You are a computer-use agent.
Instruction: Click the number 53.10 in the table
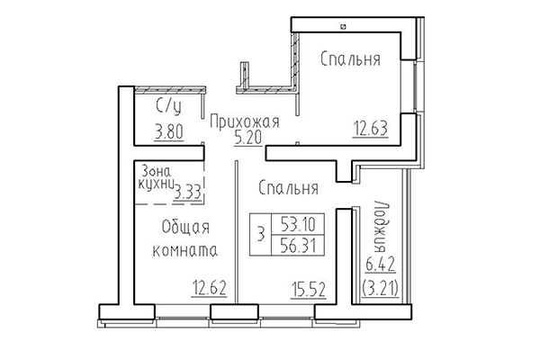point(297,220)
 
